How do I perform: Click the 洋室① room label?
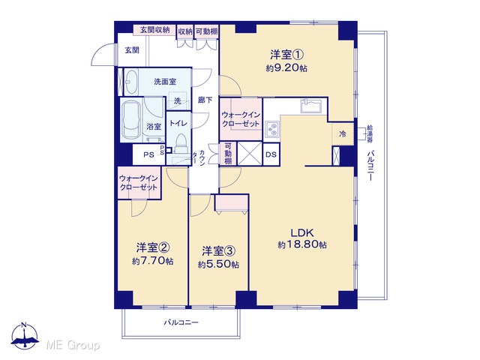(x=286, y=55)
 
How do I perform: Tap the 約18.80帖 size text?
(x=302, y=245)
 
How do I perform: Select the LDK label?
(x=302, y=232)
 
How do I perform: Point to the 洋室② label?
(x=153, y=247)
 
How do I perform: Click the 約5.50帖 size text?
(x=218, y=264)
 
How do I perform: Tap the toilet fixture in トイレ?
(x=181, y=143)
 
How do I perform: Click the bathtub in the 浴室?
(x=132, y=121)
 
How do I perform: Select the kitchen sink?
(x=311, y=106)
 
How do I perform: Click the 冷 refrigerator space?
(x=343, y=133)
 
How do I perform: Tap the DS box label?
(x=271, y=154)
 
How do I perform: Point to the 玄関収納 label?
(x=155, y=30)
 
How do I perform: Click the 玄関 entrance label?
(x=132, y=50)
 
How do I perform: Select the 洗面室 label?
(x=165, y=82)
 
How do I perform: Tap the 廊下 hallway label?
(x=205, y=100)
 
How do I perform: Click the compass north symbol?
(x=25, y=336)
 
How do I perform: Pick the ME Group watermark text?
(x=73, y=346)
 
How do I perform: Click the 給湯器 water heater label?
(x=370, y=133)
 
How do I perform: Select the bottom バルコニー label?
(x=181, y=322)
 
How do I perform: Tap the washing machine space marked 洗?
(x=178, y=101)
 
